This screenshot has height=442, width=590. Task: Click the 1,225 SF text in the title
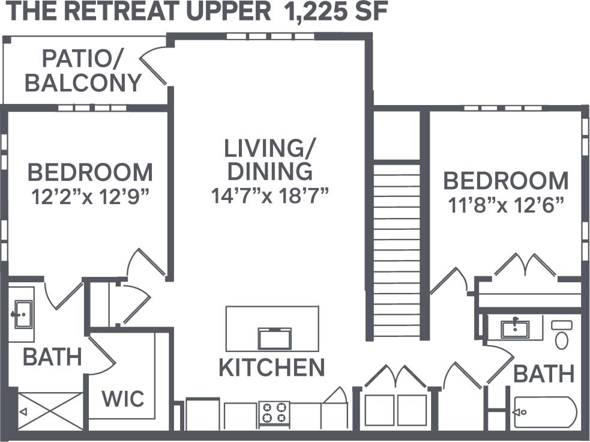click(x=336, y=12)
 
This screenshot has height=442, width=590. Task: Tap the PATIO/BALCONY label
click(x=83, y=71)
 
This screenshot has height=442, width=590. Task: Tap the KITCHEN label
click(x=271, y=367)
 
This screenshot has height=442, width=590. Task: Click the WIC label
click(x=122, y=398)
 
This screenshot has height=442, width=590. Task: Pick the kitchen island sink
click(x=274, y=338)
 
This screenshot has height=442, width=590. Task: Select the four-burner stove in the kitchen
click(x=274, y=413)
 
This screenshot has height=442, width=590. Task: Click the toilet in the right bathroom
click(x=562, y=335)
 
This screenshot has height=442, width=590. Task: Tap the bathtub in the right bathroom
click(x=545, y=412)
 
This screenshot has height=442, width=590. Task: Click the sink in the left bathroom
click(x=21, y=313)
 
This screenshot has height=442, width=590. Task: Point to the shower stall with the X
click(x=50, y=411)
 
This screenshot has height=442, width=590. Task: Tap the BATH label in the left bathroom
click(x=52, y=357)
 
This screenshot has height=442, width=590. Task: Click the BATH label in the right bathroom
click(x=544, y=374)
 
